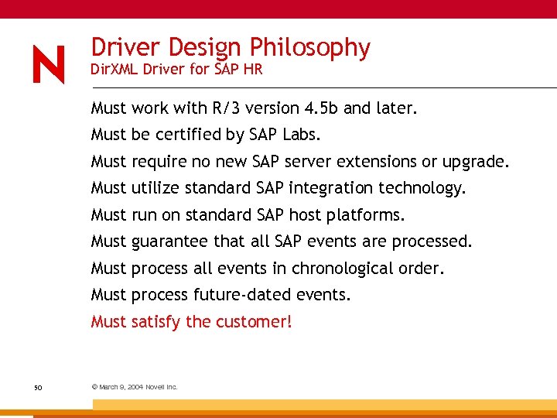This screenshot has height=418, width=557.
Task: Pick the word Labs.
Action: coord(299,135)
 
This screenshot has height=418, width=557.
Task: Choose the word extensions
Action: coord(378,162)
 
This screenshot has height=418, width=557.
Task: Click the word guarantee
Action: coord(170,242)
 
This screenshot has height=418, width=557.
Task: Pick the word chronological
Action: coord(340,269)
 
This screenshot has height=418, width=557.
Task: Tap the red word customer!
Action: coord(255,321)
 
